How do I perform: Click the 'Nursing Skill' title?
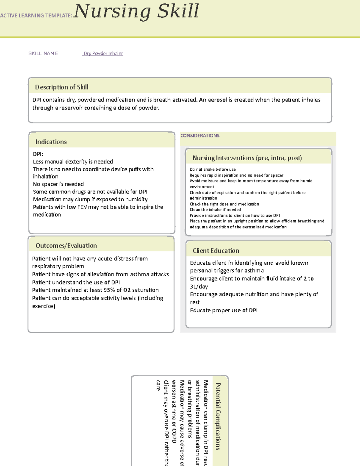pyautogui.click(x=136, y=11)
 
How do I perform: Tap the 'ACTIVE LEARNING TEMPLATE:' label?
pyautogui.click(x=36, y=16)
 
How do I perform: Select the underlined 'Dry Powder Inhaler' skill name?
pyautogui.click(x=103, y=53)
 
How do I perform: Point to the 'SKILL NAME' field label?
pyautogui.click(x=43, y=53)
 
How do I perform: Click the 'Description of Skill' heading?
pyautogui.click(x=61, y=87)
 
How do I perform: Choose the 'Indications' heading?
pyautogui.click(x=51, y=142)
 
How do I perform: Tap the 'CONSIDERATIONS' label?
pyautogui.click(x=200, y=136)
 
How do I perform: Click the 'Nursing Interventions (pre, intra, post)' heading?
pyautogui.click(x=247, y=158)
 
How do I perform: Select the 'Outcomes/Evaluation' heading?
pyautogui.click(x=66, y=245)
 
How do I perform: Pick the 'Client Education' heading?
pyautogui.click(x=216, y=251)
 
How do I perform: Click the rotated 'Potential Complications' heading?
pyautogui.click(x=218, y=416)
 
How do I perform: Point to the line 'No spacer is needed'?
pyautogui.click(x=58, y=184)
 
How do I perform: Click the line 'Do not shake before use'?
pyautogui.click(x=213, y=169)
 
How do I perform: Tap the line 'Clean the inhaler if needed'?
pyautogui.click(x=215, y=210)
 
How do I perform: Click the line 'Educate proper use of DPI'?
pyautogui.click(x=223, y=310)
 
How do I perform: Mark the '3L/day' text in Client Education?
pyautogui.click(x=199, y=287)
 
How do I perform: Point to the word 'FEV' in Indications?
pyautogui.click(x=82, y=207)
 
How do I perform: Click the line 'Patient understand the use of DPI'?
pyautogui.click(x=76, y=282)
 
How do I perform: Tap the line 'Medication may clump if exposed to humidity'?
pyautogui.click(x=90, y=199)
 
